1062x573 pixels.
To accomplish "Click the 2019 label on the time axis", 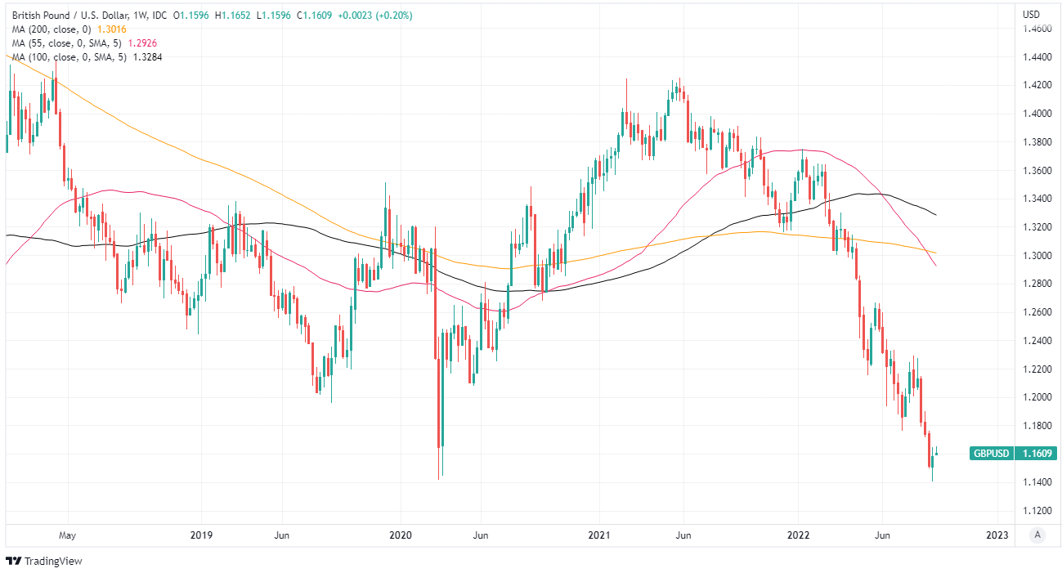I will [201, 535].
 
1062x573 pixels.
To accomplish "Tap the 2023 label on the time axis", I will [997, 535].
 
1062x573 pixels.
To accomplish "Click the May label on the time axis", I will [67, 535].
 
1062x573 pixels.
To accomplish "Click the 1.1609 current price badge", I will [1035, 453].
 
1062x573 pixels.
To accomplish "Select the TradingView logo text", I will [53, 561].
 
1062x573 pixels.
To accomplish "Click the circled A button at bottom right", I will [1037, 535].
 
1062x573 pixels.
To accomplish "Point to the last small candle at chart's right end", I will [937, 453].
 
